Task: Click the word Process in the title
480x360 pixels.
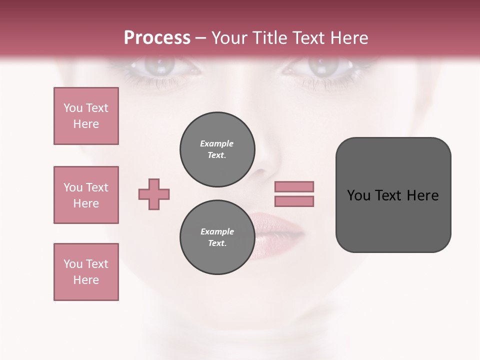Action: [157, 38]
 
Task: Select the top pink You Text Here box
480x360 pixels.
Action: [86, 116]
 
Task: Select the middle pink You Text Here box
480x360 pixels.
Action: [86, 195]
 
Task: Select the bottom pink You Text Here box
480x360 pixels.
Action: [86, 272]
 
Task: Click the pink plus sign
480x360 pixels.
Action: [154, 194]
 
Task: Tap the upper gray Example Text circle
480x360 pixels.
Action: [217, 149]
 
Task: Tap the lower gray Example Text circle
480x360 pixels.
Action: [217, 237]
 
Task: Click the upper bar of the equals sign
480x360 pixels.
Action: [294, 186]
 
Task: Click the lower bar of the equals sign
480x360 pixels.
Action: [294, 201]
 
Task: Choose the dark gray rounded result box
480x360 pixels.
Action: [393, 195]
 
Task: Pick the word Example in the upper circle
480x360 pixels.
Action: [217, 143]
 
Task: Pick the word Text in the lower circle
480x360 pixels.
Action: [217, 243]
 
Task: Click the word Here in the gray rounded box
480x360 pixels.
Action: [422, 195]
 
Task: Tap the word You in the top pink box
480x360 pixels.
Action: [72, 108]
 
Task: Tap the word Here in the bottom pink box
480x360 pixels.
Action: [86, 280]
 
